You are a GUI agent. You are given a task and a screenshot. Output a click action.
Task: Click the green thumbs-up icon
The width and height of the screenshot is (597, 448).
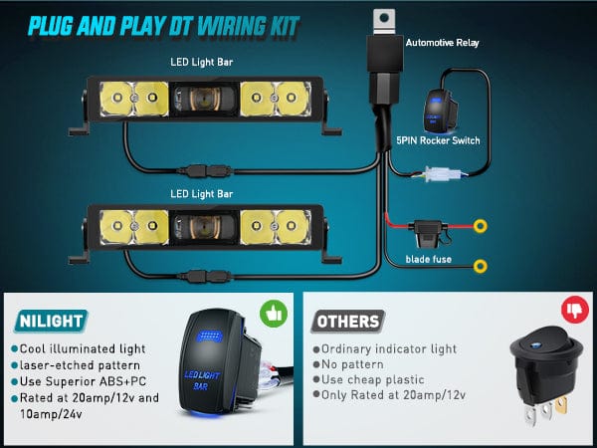pyautogui.click(x=274, y=314)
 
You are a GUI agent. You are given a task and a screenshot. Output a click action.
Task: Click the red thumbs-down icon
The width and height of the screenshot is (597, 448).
pyautogui.click(x=575, y=310)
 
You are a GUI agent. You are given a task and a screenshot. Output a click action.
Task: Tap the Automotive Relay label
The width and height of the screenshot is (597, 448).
pyautogui.click(x=442, y=43)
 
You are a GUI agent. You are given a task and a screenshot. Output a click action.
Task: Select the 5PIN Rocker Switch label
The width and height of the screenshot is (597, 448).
pyautogui.click(x=438, y=140)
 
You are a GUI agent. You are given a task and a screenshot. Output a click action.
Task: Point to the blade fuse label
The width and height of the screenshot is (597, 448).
pyautogui.click(x=428, y=260)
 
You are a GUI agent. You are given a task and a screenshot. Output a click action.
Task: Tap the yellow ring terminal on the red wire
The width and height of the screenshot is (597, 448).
pyautogui.click(x=481, y=226)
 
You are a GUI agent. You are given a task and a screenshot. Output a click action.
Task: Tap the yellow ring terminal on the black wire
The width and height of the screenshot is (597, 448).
pyautogui.click(x=481, y=266)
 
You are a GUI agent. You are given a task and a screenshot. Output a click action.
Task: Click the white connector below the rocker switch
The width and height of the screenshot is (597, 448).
pyautogui.click(x=443, y=175)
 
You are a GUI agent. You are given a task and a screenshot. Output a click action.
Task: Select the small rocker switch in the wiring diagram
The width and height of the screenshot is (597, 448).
pyautogui.click(x=439, y=111)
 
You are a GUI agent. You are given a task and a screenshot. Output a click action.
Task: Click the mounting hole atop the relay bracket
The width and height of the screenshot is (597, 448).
pyautogui.click(x=384, y=18)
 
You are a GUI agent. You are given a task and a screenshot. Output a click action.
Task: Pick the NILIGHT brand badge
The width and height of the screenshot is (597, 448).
pyautogui.click(x=51, y=321)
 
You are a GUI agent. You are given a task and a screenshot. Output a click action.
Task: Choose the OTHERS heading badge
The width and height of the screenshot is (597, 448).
pyautogui.click(x=347, y=322)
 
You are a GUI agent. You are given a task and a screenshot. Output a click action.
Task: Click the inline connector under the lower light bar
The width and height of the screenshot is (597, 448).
pyautogui.click(x=204, y=276)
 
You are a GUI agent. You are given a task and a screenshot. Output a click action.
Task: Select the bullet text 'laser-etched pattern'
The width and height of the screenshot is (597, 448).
pyautogui.click(x=80, y=365)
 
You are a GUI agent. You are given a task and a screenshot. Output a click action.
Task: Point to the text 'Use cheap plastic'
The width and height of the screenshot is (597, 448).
pyautogui.click(x=373, y=380)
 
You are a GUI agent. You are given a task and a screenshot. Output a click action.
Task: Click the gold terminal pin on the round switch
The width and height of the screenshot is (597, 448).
pyautogui.click(x=561, y=405)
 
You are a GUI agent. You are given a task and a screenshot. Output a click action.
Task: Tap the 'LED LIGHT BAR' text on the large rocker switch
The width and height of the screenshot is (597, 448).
pyautogui.click(x=202, y=380)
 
